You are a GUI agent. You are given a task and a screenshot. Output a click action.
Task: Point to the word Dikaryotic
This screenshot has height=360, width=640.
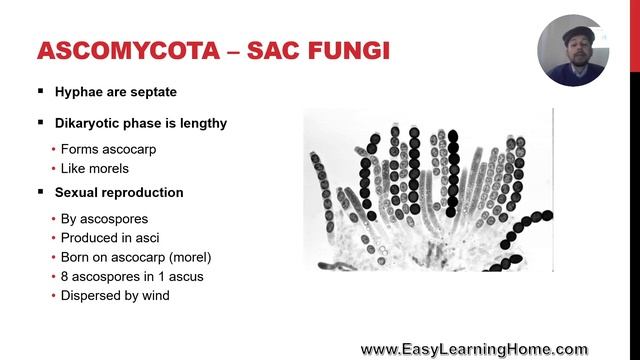(89, 123)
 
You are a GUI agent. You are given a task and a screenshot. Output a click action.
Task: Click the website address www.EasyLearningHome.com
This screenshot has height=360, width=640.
(474, 349)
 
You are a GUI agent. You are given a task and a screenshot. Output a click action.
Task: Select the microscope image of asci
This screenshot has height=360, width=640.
(428, 190)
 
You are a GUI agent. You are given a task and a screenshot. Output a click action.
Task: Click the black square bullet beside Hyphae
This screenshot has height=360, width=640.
(41, 92)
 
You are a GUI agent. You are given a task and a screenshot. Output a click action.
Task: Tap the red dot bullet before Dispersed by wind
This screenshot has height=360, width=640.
(52, 296)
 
